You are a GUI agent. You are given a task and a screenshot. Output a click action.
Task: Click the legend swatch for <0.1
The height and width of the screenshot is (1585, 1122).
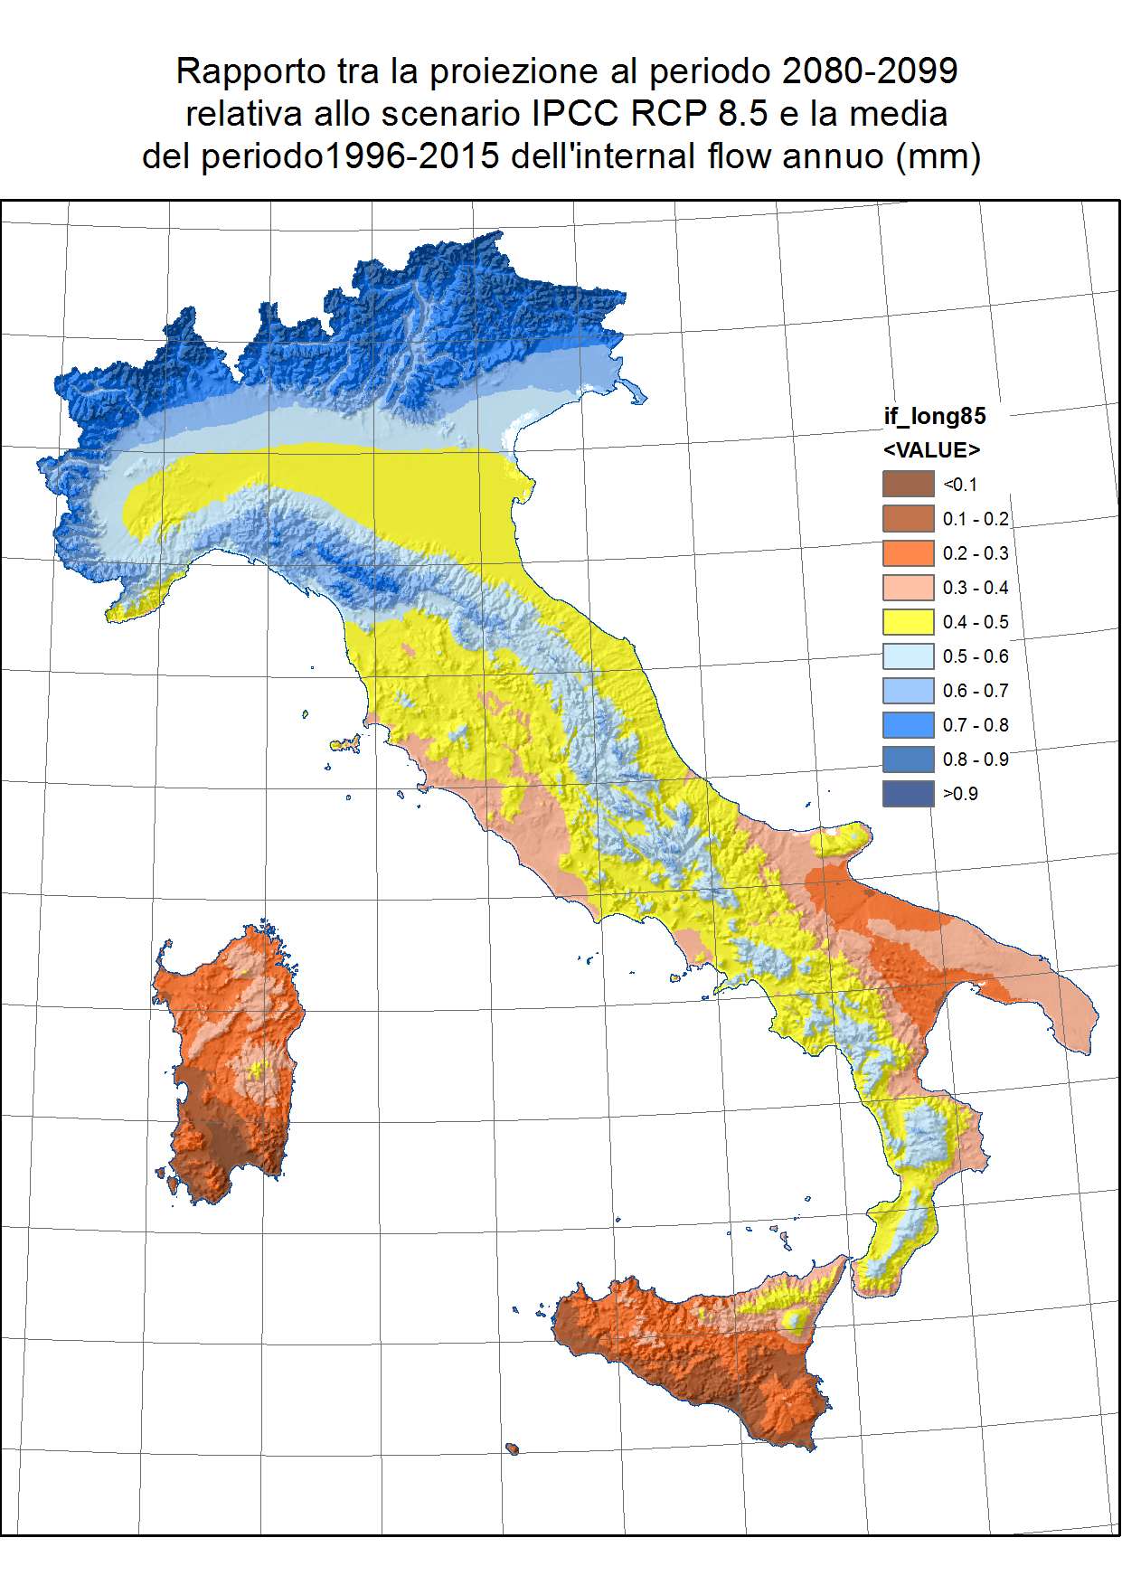pyautogui.click(x=908, y=484)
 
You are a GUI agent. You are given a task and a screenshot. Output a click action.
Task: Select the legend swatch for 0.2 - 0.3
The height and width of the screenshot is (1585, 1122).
pyautogui.click(x=908, y=552)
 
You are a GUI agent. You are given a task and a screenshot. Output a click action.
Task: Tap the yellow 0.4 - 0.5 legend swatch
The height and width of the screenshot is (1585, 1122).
pyautogui.click(x=908, y=621)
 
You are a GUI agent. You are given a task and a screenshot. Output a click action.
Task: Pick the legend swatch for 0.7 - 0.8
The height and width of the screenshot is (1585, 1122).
pyautogui.click(x=908, y=724)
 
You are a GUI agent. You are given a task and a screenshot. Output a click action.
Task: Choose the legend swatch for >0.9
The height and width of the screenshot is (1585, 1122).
pyautogui.click(x=908, y=793)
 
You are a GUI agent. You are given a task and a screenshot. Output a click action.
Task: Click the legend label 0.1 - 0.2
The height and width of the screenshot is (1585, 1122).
pyautogui.click(x=975, y=519)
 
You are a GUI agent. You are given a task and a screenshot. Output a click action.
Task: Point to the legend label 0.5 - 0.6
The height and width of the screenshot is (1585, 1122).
pyautogui.click(x=975, y=656)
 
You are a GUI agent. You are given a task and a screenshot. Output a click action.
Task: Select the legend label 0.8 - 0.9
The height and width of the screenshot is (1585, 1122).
pyautogui.click(x=975, y=759)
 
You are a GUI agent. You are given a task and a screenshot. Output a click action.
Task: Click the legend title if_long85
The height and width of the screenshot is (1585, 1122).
pyautogui.click(x=934, y=416)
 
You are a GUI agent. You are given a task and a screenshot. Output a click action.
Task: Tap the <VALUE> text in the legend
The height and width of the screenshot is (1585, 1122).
pyautogui.click(x=931, y=449)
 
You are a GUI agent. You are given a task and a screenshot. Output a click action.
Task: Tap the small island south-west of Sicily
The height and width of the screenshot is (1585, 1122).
pyautogui.click(x=513, y=1449)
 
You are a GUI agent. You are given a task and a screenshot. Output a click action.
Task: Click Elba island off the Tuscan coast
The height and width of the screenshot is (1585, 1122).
pyautogui.click(x=349, y=744)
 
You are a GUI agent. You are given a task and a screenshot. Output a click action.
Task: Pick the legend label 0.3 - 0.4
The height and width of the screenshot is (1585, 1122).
pyautogui.click(x=975, y=588)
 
